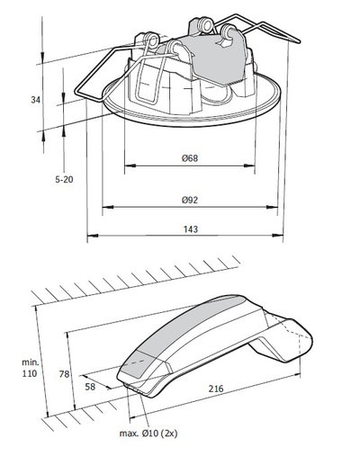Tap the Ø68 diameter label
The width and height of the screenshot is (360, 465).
189,159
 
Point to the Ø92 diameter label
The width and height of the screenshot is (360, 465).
189,200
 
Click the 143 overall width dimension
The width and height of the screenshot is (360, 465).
189,231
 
